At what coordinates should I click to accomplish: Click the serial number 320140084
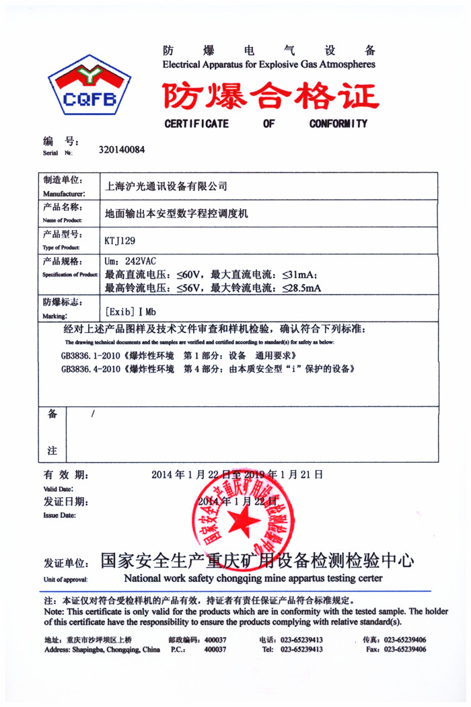click(x=121, y=150)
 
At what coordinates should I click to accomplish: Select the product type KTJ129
click(x=120, y=239)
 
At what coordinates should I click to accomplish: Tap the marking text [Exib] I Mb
click(x=131, y=312)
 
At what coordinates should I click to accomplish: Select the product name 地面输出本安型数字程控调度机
click(x=177, y=213)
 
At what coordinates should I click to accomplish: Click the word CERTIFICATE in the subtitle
click(x=196, y=124)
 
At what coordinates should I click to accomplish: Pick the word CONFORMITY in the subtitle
click(x=338, y=124)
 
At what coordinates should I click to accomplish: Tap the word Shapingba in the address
click(x=85, y=650)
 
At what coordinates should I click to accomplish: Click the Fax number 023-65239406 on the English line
click(x=406, y=650)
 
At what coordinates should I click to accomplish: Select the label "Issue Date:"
click(x=59, y=515)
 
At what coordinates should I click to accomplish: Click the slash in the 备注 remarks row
click(x=92, y=414)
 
